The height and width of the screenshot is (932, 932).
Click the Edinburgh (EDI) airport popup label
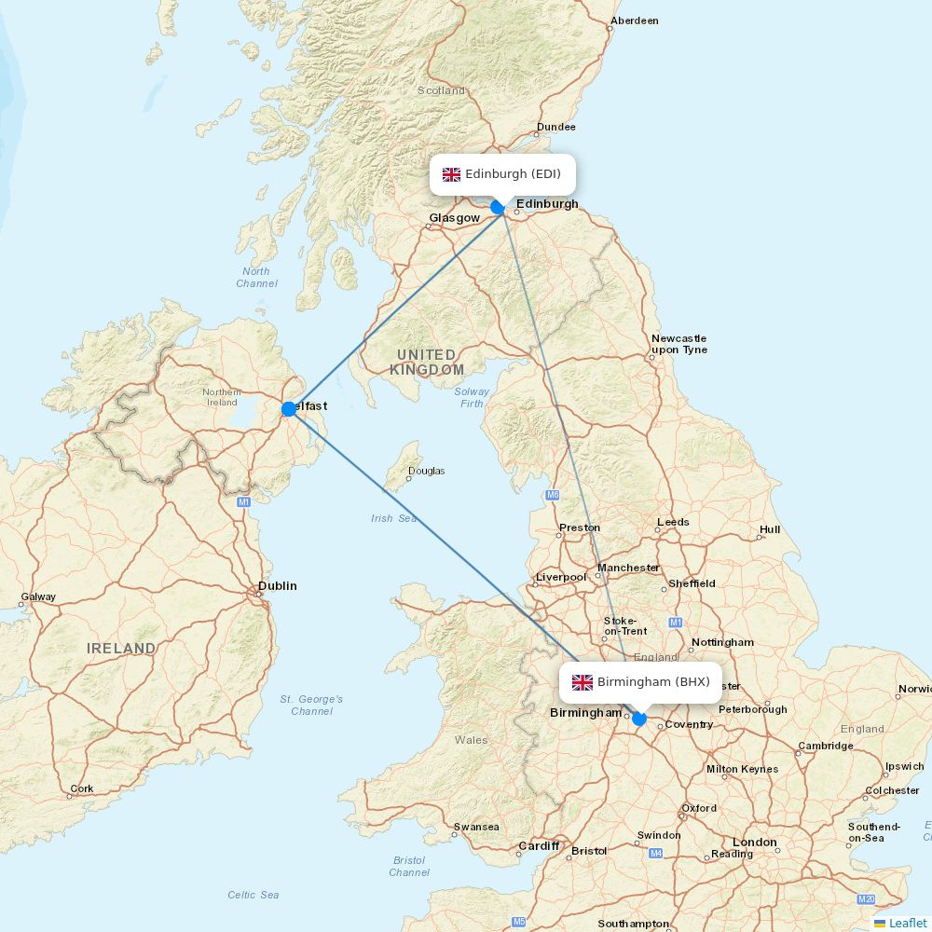[502, 174]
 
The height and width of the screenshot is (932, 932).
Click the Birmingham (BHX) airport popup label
[640, 682]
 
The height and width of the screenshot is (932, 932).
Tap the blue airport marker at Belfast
[289, 408]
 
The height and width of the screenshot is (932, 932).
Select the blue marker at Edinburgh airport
[498, 207]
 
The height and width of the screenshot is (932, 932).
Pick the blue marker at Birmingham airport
[638, 719]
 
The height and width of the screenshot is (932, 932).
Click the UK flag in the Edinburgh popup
[451, 174]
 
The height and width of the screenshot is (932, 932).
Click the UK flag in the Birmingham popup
[582, 682]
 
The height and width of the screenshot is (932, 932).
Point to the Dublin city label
[278, 586]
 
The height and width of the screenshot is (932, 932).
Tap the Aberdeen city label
[634, 21]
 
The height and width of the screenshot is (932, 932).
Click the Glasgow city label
[454, 218]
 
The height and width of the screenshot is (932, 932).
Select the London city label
[754, 843]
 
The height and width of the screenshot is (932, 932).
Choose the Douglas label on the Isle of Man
[427, 471]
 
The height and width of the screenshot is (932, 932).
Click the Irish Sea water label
[394, 518]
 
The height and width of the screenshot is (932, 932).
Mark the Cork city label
[82, 788]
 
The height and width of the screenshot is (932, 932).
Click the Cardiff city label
[539, 846]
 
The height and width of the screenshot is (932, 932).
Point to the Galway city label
[38, 596]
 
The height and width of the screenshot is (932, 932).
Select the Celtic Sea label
[254, 895]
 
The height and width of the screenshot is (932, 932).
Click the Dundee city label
[556, 127]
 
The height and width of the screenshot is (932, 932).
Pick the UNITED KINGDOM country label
[427, 362]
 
